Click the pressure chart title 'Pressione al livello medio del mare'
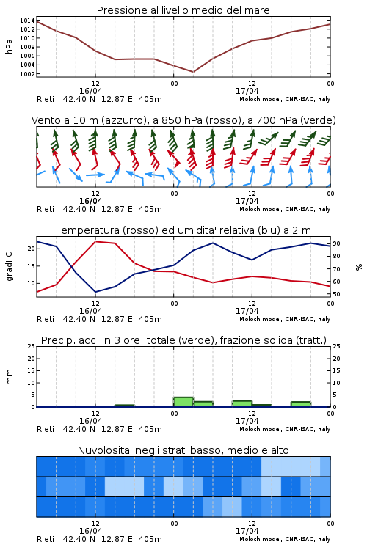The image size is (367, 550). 183,10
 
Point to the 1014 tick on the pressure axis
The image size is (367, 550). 27,21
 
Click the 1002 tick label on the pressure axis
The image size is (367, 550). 27,73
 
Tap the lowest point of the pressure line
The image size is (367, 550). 193,72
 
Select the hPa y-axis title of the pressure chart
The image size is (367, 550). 9,46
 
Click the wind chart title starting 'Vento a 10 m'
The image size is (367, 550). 183,120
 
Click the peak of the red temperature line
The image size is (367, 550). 95,241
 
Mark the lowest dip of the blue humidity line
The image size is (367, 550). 95,292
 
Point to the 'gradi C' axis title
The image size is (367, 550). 10,266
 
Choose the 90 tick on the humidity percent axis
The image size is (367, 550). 336,243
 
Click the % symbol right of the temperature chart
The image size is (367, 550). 359,267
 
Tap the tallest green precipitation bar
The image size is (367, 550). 183,402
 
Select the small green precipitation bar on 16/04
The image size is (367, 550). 125,406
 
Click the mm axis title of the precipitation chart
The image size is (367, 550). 9,377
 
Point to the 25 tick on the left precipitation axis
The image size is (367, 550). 32,346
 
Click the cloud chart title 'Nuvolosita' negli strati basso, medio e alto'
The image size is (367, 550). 183,450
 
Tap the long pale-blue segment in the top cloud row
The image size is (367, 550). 291,466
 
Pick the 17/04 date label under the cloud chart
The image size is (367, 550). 247,531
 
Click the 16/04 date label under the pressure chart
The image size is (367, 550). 90,91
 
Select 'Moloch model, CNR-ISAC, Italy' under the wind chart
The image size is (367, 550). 285,209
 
